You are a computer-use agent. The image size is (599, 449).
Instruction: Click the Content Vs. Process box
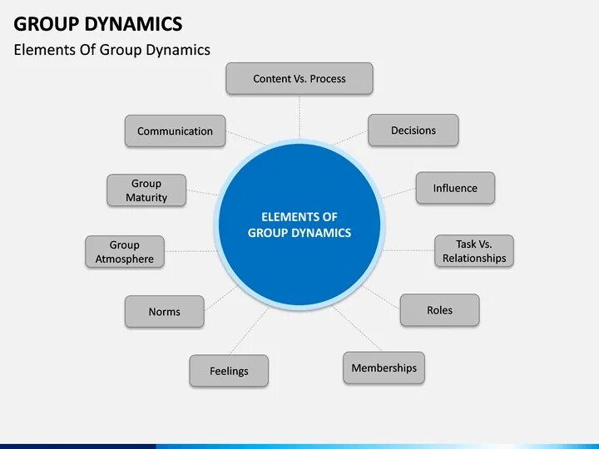tap(299, 79)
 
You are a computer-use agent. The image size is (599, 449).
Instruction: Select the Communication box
tap(175, 131)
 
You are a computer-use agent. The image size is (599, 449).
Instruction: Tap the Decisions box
tap(413, 131)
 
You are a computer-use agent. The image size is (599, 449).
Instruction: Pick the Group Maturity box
tap(146, 190)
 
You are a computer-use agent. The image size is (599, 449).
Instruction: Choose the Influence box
tap(455, 188)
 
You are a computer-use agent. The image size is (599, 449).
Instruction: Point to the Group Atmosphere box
tap(125, 252)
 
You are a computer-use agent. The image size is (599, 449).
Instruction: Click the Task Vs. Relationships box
tap(474, 251)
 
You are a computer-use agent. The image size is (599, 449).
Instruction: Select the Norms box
tap(164, 312)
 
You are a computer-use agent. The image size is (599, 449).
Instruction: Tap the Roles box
tap(439, 310)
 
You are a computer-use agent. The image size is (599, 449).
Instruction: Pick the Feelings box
tap(229, 371)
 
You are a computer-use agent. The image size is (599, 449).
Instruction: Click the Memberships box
tap(384, 368)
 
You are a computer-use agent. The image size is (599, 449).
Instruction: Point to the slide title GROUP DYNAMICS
tap(98, 22)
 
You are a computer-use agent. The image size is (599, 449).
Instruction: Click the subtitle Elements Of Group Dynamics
tap(112, 50)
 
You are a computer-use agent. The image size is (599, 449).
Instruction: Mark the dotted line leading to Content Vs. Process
tap(299, 116)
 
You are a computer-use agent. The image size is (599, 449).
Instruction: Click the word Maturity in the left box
tap(146, 198)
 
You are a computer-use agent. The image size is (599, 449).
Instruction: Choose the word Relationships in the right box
tap(474, 259)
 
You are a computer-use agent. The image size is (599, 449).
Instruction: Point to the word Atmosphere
tap(125, 259)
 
